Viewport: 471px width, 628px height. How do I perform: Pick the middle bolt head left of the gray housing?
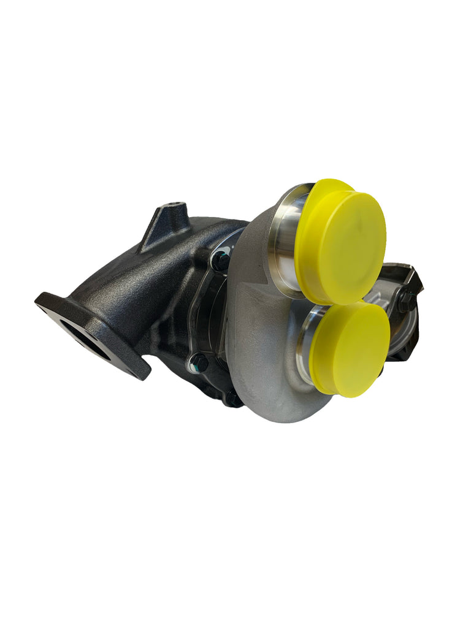(199, 362)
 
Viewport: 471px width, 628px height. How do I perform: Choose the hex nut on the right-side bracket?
(405, 300)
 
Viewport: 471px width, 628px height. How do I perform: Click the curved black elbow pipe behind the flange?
(141, 270)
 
